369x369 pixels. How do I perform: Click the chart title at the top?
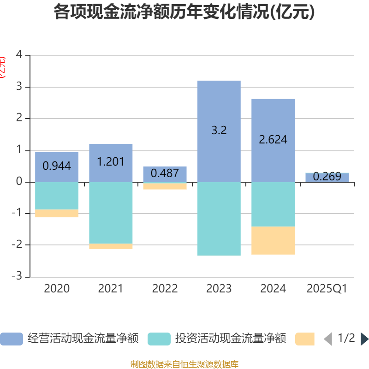[x=184, y=12]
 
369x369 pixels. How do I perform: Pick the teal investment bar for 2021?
[x=111, y=213]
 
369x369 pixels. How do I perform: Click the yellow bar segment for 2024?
[x=273, y=240]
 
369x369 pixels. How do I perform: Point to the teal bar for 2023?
[x=219, y=219]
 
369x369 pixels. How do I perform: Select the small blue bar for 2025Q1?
[x=327, y=177]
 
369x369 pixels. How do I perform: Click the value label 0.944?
[x=57, y=166]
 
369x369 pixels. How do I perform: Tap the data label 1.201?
[x=111, y=161]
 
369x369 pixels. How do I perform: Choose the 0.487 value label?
[x=165, y=173]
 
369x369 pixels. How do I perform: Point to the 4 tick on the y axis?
[x=19, y=55]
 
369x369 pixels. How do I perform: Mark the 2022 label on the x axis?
[x=165, y=289]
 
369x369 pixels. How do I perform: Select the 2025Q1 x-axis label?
[x=327, y=289]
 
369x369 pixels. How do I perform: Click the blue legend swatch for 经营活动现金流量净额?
[x=11, y=339]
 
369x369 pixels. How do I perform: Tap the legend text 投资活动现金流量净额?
[x=231, y=339]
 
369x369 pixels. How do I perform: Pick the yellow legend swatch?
[x=304, y=339]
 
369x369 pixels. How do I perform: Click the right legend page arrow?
[x=364, y=339]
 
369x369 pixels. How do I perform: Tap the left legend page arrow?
[x=328, y=339]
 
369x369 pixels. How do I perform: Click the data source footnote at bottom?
[x=184, y=364]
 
